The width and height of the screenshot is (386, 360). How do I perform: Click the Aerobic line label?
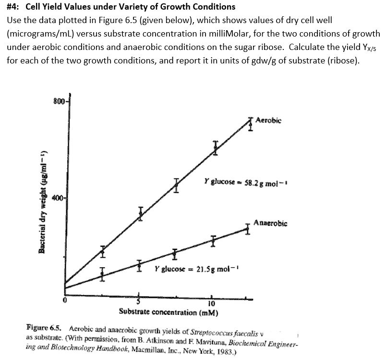268,119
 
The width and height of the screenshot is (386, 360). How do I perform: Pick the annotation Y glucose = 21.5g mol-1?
196,269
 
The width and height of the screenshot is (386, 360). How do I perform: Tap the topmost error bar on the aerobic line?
250,124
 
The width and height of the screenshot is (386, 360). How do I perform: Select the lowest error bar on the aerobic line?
102,250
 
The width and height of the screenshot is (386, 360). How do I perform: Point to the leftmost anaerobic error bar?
102,274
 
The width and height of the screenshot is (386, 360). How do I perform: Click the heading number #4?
14,7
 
